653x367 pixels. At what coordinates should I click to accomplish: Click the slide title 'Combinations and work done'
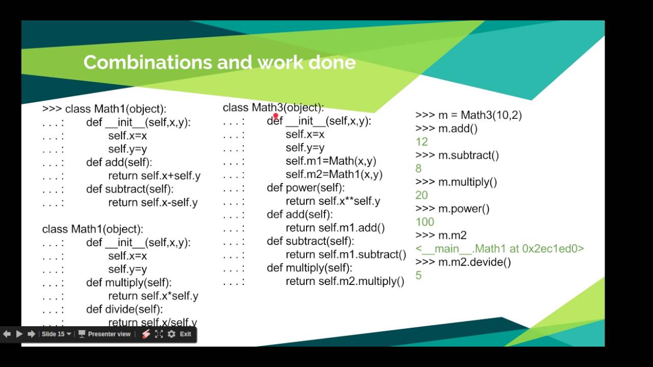(x=219, y=62)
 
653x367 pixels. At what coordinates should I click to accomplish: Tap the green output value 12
(x=422, y=142)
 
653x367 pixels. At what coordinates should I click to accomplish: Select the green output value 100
(x=425, y=222)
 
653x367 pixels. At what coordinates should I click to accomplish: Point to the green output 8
(x=419, y=168)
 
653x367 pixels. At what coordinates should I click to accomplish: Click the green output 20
(x=422, y=195)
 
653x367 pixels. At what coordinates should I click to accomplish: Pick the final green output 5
(x=419, y=275)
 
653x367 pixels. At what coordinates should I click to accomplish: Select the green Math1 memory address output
(x=499, y=249)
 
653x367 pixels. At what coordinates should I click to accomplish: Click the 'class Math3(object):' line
(x=273, y=108)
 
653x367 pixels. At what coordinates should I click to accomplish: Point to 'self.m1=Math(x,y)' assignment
(x=331, y=161)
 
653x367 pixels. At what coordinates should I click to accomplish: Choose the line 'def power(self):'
(x=306, y=188)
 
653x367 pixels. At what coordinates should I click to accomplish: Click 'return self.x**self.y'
(x=333, y=201)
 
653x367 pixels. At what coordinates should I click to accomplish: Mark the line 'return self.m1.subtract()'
(x=346, y=254)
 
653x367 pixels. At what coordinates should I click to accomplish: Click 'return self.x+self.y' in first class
(x=154, y=176)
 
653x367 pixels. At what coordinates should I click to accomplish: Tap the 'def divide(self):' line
(x=124, y=309)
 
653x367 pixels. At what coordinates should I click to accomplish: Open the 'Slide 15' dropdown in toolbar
(x=56, y=334)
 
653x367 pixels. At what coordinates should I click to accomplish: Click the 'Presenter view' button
(x=104, y=334)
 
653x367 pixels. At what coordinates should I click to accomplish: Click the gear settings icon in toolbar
(x=171, y=334)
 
